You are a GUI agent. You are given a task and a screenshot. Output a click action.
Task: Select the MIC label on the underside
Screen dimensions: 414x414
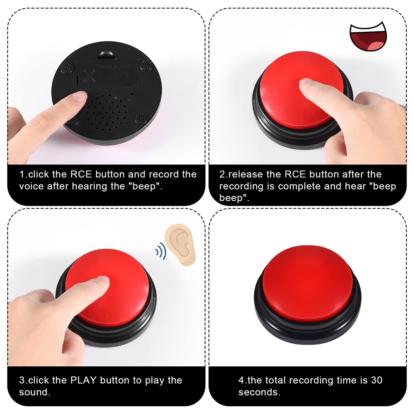[132, 100]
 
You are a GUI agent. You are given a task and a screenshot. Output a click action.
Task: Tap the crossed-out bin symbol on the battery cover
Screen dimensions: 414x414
[89, 75]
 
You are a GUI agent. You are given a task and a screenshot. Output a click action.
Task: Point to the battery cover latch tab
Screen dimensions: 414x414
[107, 55]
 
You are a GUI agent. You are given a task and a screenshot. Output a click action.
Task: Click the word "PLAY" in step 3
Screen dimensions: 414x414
[83, 380]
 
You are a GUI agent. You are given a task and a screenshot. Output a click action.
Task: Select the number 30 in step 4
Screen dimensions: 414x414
[377, 380]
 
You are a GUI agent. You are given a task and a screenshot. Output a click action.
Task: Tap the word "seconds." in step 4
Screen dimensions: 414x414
[259, 392]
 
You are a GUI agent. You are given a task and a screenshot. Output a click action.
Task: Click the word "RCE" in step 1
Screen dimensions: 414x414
[81, 174]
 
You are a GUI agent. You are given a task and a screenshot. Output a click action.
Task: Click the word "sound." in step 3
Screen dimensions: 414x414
[35, 392]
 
